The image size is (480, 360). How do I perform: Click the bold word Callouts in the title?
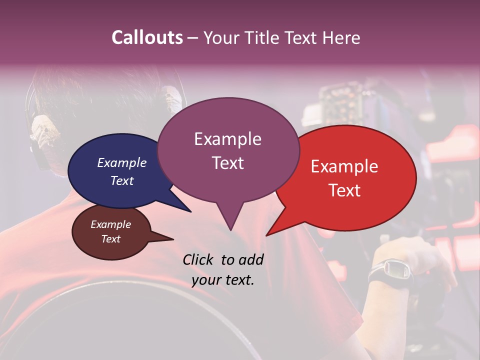pyautogui.click(x=147, y=37)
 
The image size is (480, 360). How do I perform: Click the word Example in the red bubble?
pyautogui.click(x=344, y=166)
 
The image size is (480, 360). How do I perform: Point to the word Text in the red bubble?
pyautogui.click(x=344, y=190)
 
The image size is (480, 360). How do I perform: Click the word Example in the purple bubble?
pyautogui.click(x=227, y=139)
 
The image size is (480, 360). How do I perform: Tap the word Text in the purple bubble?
pyautogui.click(x=227, y=163)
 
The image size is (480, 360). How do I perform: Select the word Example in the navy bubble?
pyautogui.click(x=121, y=162)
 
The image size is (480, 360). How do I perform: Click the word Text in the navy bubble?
pyautogui.click(x=121, y=180)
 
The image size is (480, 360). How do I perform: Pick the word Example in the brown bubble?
pyautogui.click(x=110, y=224)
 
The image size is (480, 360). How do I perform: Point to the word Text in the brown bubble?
pyautogui.click(x=110, y=239)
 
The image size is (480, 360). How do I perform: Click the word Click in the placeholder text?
pyautogui.click(x=199, y=259)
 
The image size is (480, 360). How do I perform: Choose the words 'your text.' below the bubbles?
pyautogui.click(x=223, y=280)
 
